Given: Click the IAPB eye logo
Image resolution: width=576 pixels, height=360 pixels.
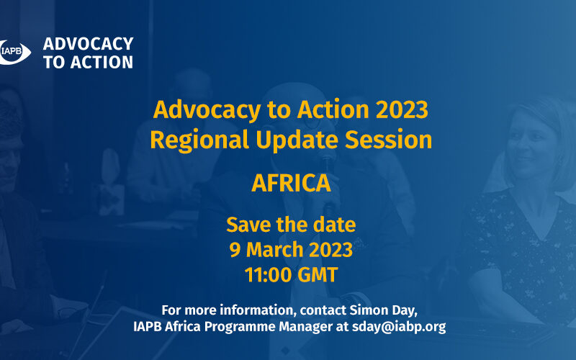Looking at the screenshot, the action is (x=14, y=52).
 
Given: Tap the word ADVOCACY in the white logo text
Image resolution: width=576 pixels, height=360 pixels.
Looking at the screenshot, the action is (x=88, y=44).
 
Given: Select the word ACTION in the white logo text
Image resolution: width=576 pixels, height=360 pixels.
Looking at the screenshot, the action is (x=102, y=62).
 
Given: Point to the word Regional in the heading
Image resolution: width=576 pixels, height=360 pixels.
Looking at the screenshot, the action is (x=199, y=140).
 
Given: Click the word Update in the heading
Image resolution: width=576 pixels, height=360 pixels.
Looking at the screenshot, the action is (x=297, y=140).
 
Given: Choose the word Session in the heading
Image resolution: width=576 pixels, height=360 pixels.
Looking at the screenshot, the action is (x=388, y=140).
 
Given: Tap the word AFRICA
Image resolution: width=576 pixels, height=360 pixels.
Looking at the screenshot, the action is (x=292, y=183).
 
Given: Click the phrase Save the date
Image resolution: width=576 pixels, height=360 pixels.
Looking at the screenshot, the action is (x=291, y=225).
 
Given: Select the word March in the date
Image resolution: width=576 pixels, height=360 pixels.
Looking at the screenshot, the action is (x=275, y=250).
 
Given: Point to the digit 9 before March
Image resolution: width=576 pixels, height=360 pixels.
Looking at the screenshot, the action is (x=235, y=250).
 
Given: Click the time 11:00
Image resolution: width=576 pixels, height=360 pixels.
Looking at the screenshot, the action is (x=268, y=275).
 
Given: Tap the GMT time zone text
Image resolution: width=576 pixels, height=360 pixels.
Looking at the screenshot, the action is (x=318, y=275).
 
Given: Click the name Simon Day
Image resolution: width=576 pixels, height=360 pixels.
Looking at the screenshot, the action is (x=383, y=310).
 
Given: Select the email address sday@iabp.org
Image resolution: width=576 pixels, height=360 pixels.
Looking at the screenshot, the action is (x=399, y=327).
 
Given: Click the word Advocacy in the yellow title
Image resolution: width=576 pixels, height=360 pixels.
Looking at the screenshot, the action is (x=207, y=110).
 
